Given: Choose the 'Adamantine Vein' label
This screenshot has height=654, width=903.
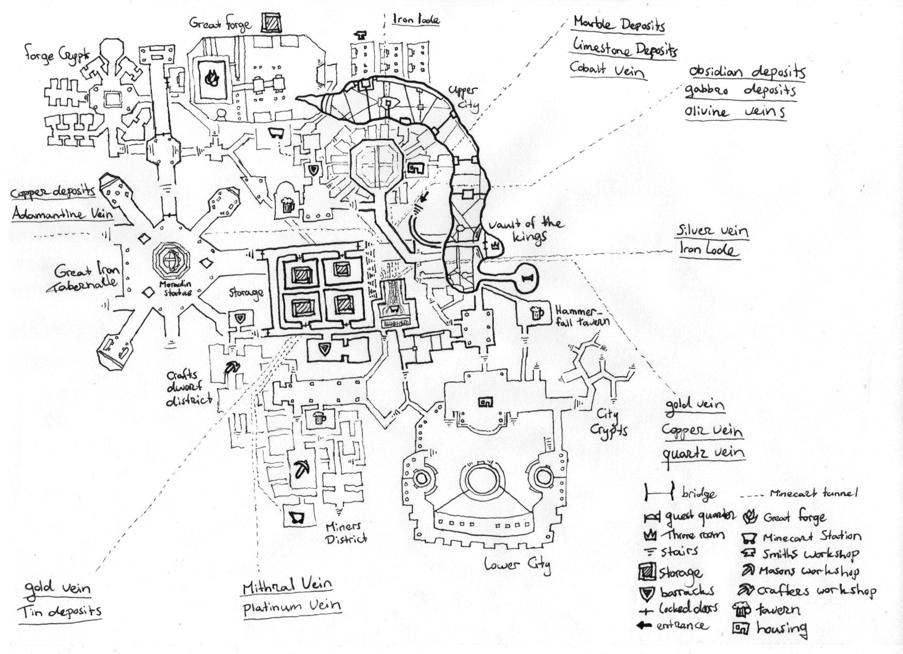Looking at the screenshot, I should coord(62,212).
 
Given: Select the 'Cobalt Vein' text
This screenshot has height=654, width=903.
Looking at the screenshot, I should coord(606,68).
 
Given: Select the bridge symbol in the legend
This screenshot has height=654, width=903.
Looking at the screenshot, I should coord(658,492).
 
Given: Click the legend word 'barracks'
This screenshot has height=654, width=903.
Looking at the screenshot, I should coord(687,591).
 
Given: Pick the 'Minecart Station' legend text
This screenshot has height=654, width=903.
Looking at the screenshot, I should coord(811,537).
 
